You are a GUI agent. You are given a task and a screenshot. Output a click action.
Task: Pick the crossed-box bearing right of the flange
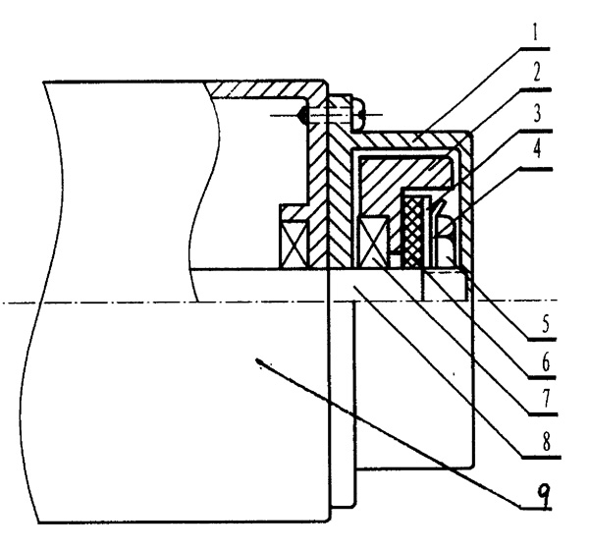click(x=377, y=240)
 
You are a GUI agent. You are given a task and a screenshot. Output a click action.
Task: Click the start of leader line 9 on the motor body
click(x=259, y=362)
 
